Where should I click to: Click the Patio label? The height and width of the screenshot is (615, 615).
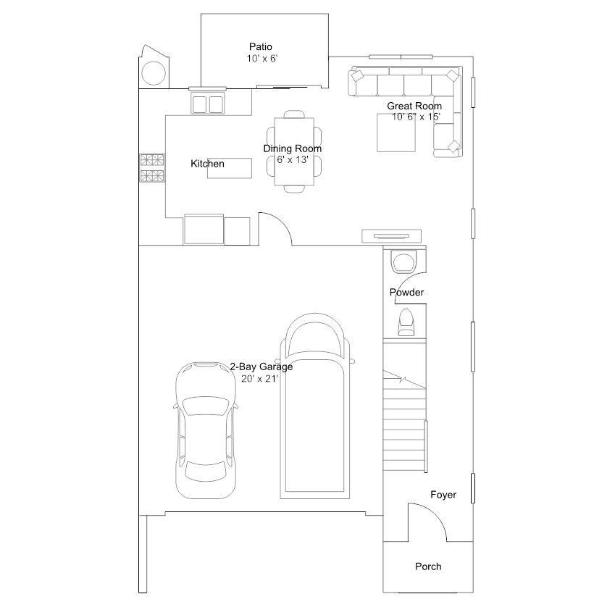(261, 46)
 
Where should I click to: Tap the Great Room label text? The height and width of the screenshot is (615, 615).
(414, 106)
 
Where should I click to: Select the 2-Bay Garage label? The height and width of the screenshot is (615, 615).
(262, 367)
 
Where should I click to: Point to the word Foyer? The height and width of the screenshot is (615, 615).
(443, 495)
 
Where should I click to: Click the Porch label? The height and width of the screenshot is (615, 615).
(428, 566)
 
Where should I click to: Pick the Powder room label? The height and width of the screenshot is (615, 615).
(406, 292)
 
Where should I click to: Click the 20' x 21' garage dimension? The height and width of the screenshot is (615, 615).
(259, 379)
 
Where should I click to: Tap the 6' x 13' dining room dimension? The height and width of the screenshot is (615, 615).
(293, 160)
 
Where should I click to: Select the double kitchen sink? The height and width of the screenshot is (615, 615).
(207, 104)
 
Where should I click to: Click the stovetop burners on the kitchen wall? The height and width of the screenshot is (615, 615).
(152, 168)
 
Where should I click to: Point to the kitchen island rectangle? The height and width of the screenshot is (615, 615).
(230, 168)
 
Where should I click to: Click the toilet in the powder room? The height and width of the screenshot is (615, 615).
(406, 322)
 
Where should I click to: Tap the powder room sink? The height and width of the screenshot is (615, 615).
(403, 262)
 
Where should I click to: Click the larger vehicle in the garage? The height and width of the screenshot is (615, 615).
(314, 406)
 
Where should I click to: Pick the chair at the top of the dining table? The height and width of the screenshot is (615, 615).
(294, 114)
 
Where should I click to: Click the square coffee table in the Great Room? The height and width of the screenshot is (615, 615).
(396, 133)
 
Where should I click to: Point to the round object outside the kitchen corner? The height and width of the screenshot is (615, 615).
(154, 73)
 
